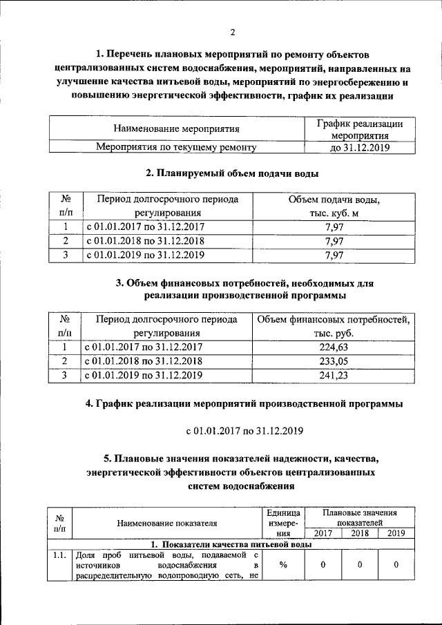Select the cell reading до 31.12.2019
click(360, 147)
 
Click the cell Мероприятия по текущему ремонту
click(176, 147)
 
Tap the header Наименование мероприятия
click(176, 128)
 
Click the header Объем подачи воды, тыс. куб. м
click(334, 206)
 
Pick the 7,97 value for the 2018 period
click(334, 242)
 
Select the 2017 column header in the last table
click(323, 532)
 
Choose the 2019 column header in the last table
click(396, 532)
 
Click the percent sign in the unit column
click(283, 565)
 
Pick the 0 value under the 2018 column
click(359, 565)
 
